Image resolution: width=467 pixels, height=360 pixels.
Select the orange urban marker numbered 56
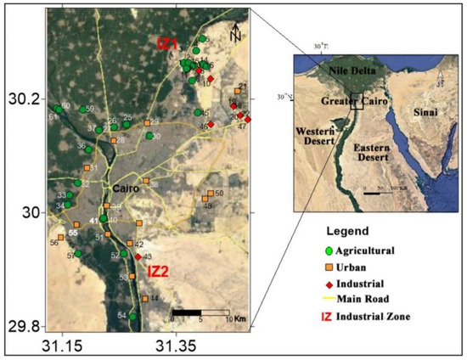click(x=60, y=237)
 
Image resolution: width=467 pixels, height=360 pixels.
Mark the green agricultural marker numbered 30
click(x=149, y=136)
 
